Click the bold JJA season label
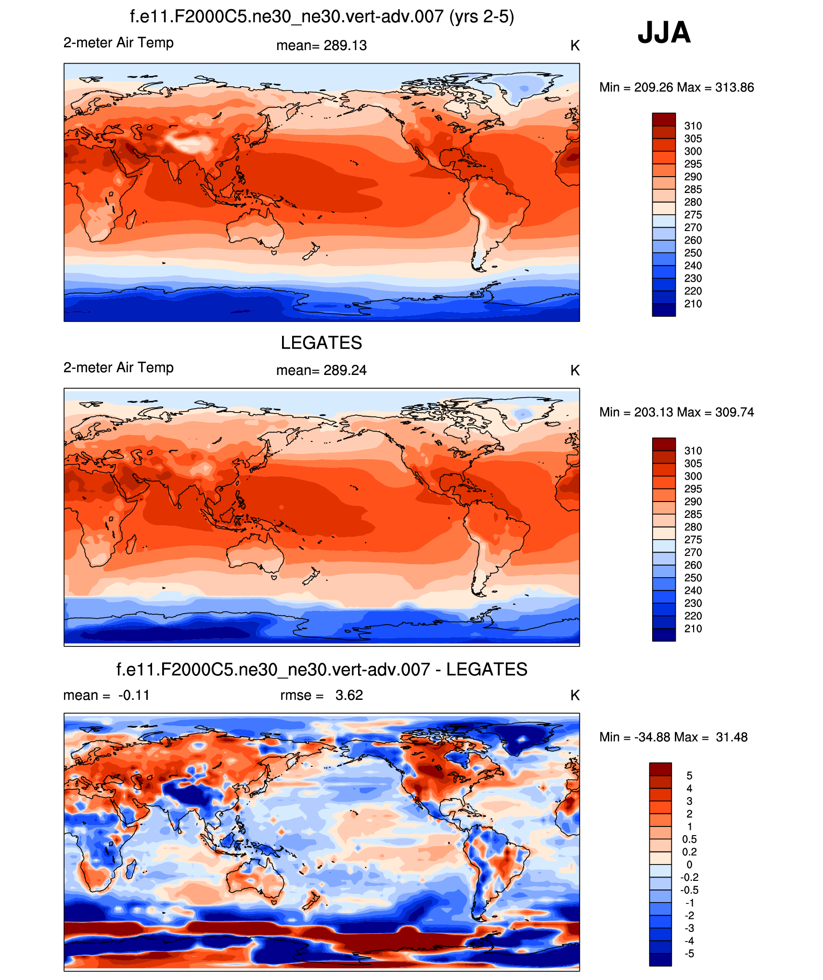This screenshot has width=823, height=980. [664, 33]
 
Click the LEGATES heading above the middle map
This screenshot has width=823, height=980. [321, 343]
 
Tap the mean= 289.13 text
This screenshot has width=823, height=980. [321, 46]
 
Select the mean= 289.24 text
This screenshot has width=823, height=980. [321, 371]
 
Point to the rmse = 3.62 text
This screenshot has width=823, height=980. [321, 696]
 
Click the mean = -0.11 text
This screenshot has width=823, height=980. [106, 696]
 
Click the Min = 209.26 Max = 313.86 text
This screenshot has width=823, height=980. [676, 88]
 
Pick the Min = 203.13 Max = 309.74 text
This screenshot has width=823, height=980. [676, 413]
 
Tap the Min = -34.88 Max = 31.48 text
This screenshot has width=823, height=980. [673, 737]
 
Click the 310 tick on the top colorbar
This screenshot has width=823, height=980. [693, 126]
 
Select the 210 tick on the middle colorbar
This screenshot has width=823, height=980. [693, 629]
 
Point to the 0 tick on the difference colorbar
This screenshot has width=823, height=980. [689, 865]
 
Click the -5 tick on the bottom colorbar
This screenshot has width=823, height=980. [689, 954]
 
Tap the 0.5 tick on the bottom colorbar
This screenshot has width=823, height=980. [689, 839]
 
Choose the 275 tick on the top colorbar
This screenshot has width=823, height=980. [693, 215]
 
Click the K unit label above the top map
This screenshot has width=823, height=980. [575, 46]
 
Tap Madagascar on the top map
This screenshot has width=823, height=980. [130, 219]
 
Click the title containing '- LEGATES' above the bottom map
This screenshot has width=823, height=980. [321, 670]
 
